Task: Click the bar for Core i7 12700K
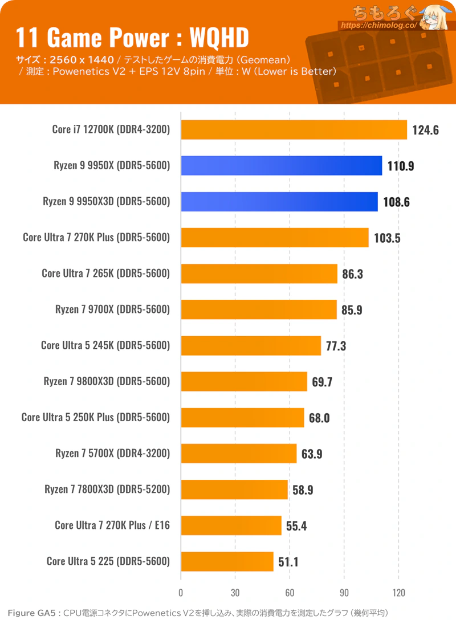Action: (294, 130)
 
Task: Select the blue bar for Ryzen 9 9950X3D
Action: (279, 202)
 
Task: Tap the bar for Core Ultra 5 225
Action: (227, 561)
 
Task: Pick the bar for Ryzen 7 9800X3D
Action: (244, 382)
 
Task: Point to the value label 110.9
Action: (401, 166)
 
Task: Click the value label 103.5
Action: (387, 238)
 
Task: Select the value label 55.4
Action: (296, 526)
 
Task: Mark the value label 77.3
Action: (336, 346)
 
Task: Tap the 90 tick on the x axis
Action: (344, 593)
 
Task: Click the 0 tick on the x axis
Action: (181, 593)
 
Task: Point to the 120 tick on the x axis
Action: (398, 593)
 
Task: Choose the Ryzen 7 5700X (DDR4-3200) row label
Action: (113, 453)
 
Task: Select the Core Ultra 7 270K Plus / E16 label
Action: (112, 525)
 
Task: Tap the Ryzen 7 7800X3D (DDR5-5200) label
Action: (107, 489)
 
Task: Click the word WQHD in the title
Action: (219, 38)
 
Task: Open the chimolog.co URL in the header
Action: (379, 25)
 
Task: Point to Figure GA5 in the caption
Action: (32, 613)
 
